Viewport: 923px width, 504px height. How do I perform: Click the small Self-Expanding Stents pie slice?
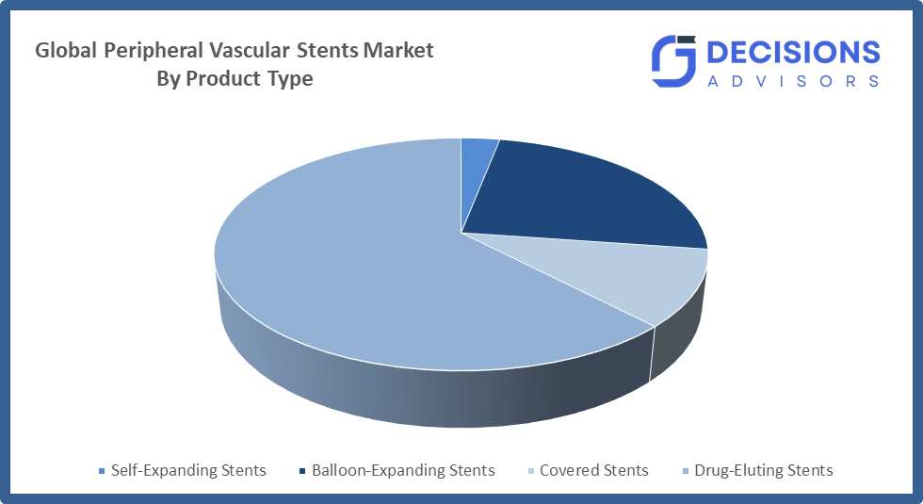point(477,165)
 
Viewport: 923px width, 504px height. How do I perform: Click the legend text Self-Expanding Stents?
point(188,470)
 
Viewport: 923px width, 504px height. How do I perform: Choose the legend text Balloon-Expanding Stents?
point(403,470)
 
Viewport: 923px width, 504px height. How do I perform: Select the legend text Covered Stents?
point(593,470)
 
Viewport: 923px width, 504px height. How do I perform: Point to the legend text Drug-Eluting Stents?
point(763,470)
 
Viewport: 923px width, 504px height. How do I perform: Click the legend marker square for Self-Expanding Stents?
point(102,471)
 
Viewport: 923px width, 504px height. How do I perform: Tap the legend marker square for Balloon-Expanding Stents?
point(301,471)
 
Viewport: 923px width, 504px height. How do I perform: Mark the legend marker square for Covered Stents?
point(530,471)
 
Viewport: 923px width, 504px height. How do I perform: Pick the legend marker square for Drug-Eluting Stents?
point(685,471)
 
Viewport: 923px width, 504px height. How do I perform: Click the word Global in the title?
point(66,51)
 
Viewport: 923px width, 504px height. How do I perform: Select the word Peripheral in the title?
point(154,51)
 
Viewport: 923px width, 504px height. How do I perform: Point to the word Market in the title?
point(398,51)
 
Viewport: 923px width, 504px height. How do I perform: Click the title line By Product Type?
point(235,79)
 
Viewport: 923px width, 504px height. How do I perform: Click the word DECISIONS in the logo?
point(793,52)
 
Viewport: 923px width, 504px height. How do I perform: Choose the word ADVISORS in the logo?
point(793,81)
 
